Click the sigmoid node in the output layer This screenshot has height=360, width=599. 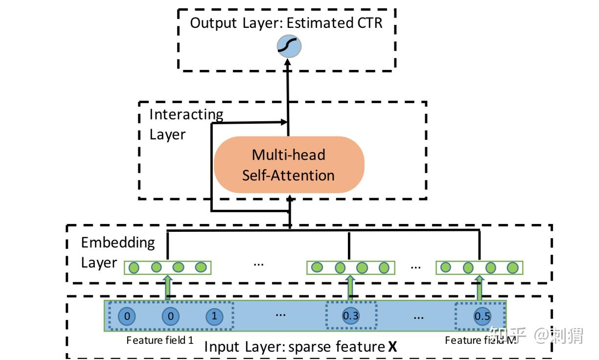(289, 46)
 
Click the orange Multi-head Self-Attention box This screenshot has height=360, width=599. (289, 164)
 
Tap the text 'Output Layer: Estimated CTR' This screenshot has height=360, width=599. (286, 23)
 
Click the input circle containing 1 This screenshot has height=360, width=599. (214, 316)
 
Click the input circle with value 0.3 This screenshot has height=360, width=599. (351, 316)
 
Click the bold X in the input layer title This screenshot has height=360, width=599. (392, 347)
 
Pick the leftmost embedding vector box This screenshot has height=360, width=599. (167, 268)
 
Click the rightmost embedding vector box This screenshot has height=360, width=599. (479, 268)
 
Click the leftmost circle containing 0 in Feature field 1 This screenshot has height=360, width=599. (127, 316)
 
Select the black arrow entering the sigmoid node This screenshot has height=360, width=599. (288, 78)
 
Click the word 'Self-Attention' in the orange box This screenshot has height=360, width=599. (288, 175)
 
